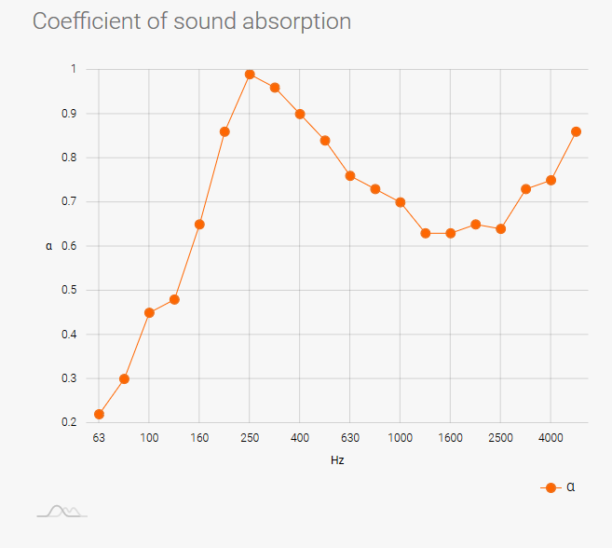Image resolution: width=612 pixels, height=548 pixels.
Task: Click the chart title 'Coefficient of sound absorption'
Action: pyautogui.click(x=192, y=21)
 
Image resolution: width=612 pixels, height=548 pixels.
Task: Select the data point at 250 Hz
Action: pyautogui.click(x=250, y=75)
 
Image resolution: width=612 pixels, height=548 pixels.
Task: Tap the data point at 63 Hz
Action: pyautogui.click(x=99, y=414)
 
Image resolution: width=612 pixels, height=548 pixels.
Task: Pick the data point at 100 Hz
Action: pyautogui.click(x=149, y=312)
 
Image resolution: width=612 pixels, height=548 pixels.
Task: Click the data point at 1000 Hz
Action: pyautogui.click(x=401, y=202)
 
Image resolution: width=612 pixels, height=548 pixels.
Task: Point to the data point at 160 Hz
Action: pyautogui.click(x=199, y=225)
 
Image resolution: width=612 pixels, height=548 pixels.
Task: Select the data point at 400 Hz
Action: pyautogui.click(x=300, y=114)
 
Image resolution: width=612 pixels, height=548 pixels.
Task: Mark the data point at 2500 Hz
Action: pyautogui.click(x=501, y=228)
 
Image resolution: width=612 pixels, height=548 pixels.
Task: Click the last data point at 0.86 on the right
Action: pyautogui.click(x=576, y=131)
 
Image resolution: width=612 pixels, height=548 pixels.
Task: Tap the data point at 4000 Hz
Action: pyautogui.click(x=551, y=180)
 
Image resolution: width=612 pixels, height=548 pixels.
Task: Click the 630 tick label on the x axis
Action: pyautogui.click(x=350, y=437)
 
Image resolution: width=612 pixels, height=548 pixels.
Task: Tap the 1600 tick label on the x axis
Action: pyautogui.click(x=451, y=437)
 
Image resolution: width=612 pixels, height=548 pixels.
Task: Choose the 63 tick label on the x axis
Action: pyautogui.click(x=99, y=437)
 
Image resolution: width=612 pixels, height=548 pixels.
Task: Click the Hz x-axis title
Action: pyautogui.click(x=338, y=460)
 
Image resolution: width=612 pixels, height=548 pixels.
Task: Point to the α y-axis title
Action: pyautogui.click(x=48, y=246)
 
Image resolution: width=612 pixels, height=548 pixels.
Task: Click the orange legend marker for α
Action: pyautogui.click(x=551, y=487)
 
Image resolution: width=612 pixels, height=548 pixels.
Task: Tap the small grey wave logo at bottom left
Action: pyautogui.click(x=61, y=511)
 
